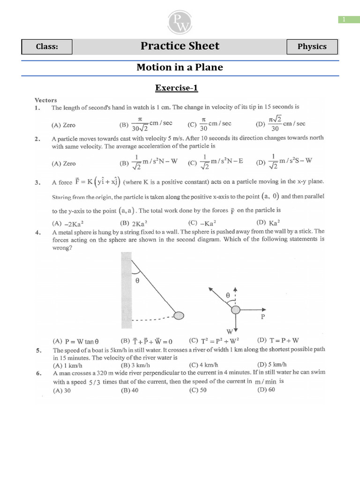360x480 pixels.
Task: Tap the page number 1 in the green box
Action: click(x=344, y=19)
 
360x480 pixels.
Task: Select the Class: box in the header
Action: click(x=47, y=47)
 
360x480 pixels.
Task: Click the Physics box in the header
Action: click(x=312, y=46)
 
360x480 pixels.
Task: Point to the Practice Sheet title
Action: click(x=180, y=46)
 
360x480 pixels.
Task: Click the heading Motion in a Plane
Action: click(x=180, y=67)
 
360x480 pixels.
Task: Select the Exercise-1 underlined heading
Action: click(x=180, y=87)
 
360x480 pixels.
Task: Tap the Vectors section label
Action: click(x=45, y=100)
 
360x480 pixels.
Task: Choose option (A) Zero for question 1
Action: click(x=63, y=125)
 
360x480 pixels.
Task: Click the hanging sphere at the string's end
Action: click(x=179, y=315)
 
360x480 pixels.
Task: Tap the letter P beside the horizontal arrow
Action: click(x=262, y=317)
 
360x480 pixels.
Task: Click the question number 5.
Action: click(x=37, y=350)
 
